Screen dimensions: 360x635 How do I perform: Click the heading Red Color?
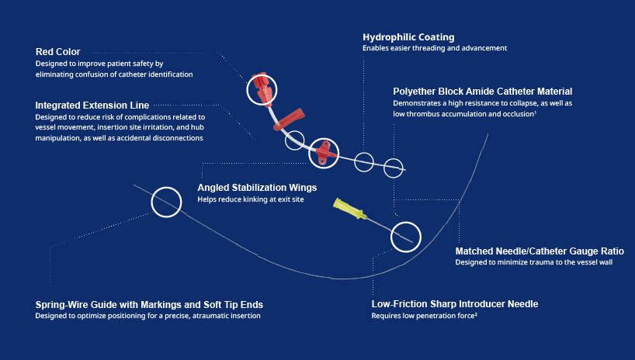tap(57, 52)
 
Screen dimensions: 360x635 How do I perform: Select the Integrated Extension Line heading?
tap(92, 105)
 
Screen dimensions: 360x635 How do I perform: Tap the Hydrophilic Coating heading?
tap(408, 37)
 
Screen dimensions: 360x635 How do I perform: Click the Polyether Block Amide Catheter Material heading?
tap(482, 91)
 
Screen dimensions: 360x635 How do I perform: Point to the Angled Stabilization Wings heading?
tap(257, 188)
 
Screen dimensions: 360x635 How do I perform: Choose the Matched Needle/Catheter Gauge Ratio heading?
tap(539, 251)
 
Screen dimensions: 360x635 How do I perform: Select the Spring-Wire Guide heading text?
tap(154, 304)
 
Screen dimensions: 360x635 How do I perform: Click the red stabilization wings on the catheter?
tap(324, 152)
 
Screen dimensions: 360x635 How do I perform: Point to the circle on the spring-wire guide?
tap(165, 202)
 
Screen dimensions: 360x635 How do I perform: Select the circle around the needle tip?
tap(405, 236)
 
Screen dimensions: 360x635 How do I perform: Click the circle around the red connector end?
tap(261, 90)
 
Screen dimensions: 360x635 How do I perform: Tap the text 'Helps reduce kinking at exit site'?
tap(251, 200)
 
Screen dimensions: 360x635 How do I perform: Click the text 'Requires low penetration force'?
tap(424, 316)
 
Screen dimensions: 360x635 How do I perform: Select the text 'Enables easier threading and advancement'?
tap(434, 48)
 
